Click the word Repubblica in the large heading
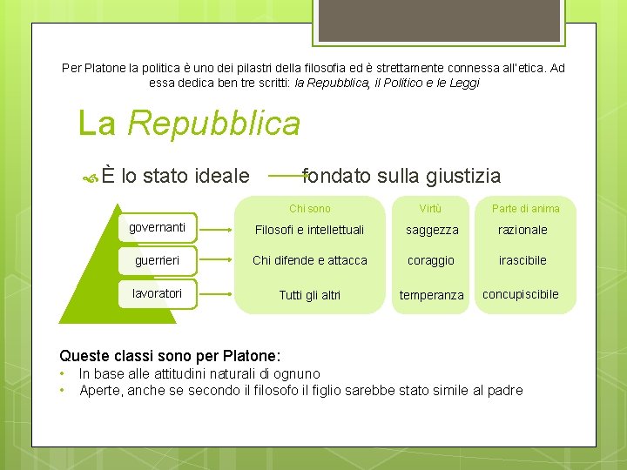pos(213,124)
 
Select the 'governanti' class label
pos(157,228)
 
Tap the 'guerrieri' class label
pos(157,260)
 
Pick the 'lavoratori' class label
pos(157,293)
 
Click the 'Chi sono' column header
pos(309,209)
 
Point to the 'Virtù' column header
pos(430,209)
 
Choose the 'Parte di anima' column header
pos(525,209)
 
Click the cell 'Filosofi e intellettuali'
pos(309,231)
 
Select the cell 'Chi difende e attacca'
pos(309,260)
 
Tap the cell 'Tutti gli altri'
pos(309,295)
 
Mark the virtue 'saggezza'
pos(431,231)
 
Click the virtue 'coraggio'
pos(431,261)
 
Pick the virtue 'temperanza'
pos(431,296)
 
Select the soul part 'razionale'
pos(522,231)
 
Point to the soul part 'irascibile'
pos(522,261)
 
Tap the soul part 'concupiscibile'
pos(521,294)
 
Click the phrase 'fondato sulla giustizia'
pos(401,177)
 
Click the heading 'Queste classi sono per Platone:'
pos(170,355)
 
